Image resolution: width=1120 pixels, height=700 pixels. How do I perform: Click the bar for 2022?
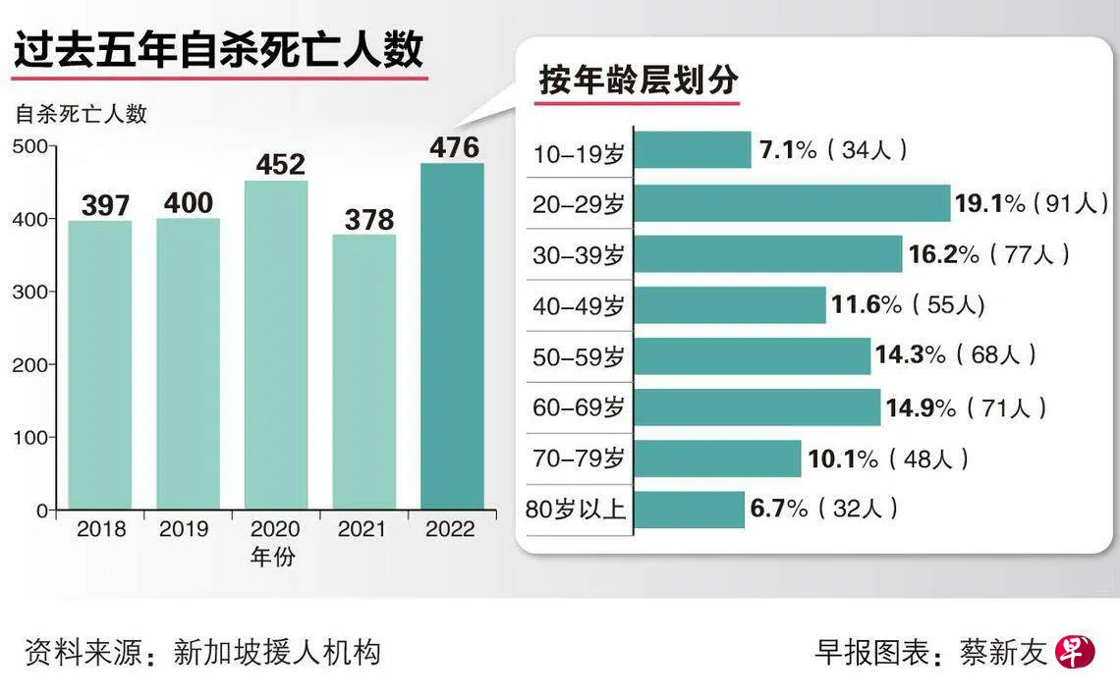[x=452, y=337]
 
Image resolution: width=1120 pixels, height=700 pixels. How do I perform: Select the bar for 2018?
[x=100, y=365]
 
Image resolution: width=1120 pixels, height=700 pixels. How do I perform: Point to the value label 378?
[x=368, y=218]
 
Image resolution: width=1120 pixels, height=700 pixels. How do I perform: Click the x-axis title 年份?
[x=272, y=558]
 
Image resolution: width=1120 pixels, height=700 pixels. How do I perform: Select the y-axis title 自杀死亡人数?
[x=81, y=113]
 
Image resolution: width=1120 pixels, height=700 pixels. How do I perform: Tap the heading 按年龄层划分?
[x=638, y=81]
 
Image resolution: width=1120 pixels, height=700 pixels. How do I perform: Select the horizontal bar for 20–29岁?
[x=793, y=203]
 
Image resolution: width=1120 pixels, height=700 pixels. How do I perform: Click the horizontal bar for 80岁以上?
[x=690, y=510]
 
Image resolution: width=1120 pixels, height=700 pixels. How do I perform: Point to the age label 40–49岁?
[x=579, y=305]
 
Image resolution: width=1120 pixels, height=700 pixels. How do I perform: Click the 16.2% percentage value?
[x=943, y=254]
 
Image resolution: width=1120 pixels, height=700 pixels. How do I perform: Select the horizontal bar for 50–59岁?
[x=753, y=356]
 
